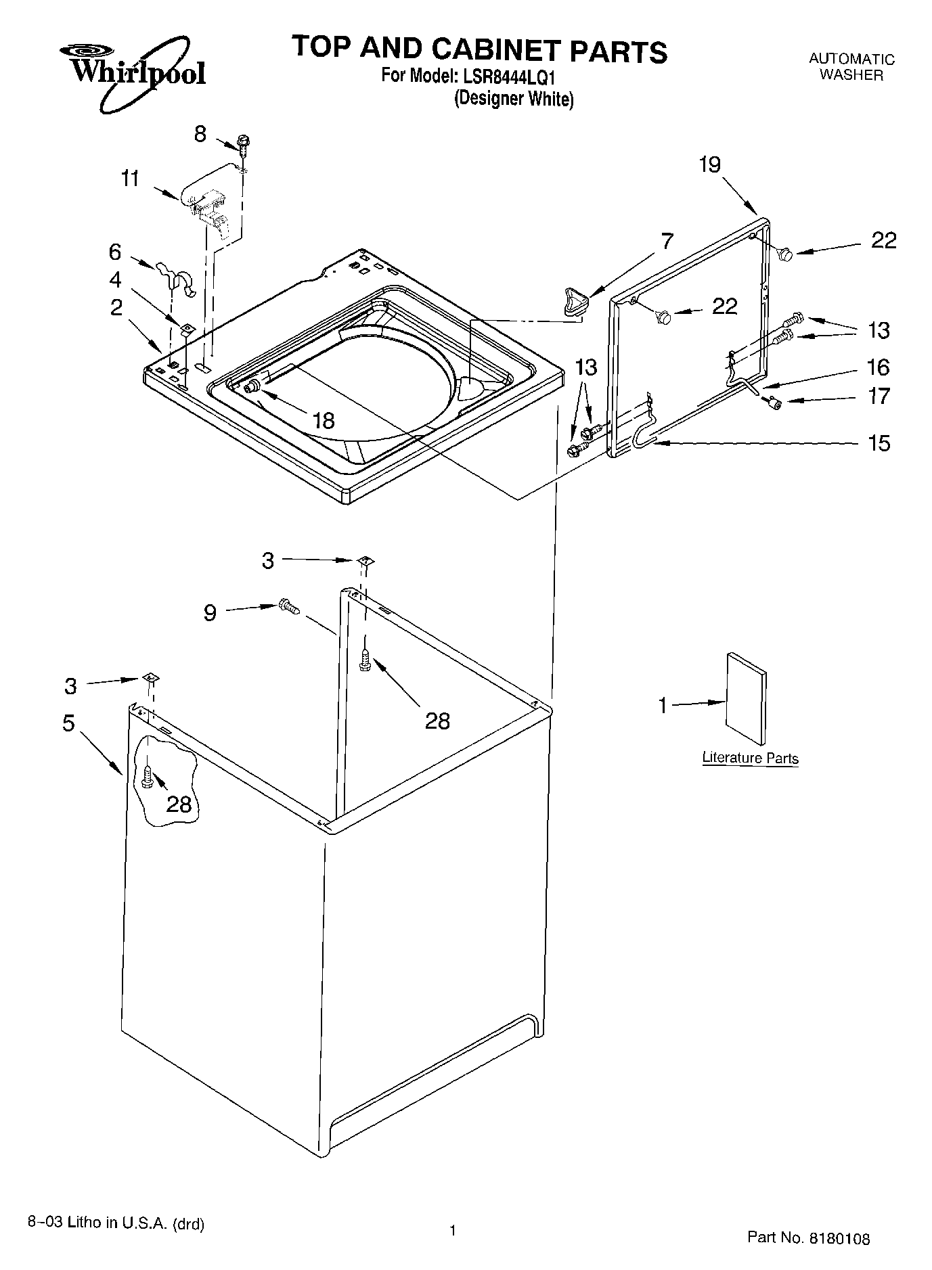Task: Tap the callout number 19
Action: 709,164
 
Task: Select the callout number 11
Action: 130,179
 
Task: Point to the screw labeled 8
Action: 242,143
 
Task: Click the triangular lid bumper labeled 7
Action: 573,300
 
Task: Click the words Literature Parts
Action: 750,758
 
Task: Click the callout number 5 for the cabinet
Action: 68,723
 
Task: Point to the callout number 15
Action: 879,443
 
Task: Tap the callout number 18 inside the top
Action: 324,420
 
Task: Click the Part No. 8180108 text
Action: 808,1238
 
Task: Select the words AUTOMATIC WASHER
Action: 851,68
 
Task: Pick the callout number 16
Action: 878,367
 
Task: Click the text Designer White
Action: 514,99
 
